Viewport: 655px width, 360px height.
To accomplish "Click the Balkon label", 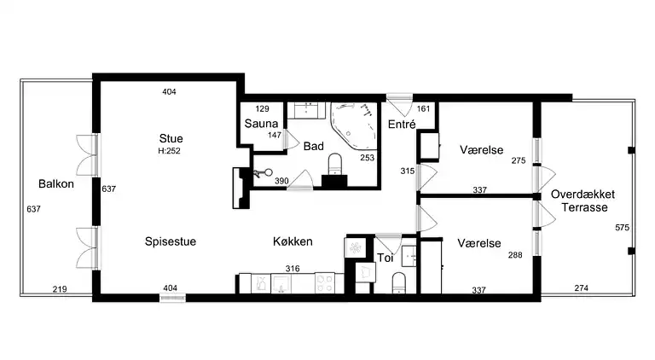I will point(54,183).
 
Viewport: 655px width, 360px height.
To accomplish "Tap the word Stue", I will point(171,138).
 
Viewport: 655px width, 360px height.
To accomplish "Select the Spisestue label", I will point(171,241).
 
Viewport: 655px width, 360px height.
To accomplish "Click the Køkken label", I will point(293,241).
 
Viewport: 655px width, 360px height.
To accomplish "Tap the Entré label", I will point(401,124).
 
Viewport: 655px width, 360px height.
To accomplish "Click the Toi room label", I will point(385,257).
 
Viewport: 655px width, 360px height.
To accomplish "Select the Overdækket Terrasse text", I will point(583,200).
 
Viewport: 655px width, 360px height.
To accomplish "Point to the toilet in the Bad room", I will point(335,163).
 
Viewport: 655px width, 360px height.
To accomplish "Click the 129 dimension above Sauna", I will point(263,108).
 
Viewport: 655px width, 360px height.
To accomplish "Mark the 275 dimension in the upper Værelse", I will point(519,160).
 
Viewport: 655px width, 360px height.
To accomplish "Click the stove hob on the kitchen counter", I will point(325,282).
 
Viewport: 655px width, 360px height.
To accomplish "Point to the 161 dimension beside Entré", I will point(423,108).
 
